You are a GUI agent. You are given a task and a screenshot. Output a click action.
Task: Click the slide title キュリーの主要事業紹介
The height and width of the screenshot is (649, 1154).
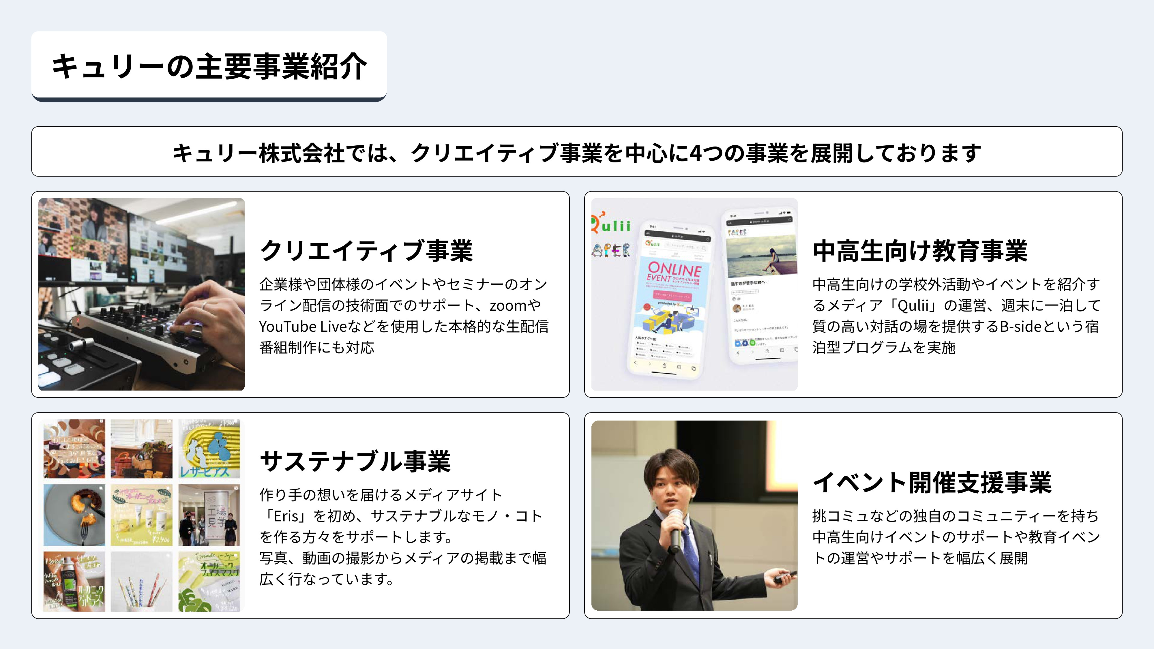[209, 66]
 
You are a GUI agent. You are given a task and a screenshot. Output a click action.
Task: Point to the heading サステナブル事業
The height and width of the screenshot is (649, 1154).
[355, 461]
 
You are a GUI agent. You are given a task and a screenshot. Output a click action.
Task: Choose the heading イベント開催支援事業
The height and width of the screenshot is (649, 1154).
[932, 482]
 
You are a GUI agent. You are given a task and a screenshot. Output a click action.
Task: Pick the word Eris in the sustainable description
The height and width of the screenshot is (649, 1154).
[286, 516]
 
